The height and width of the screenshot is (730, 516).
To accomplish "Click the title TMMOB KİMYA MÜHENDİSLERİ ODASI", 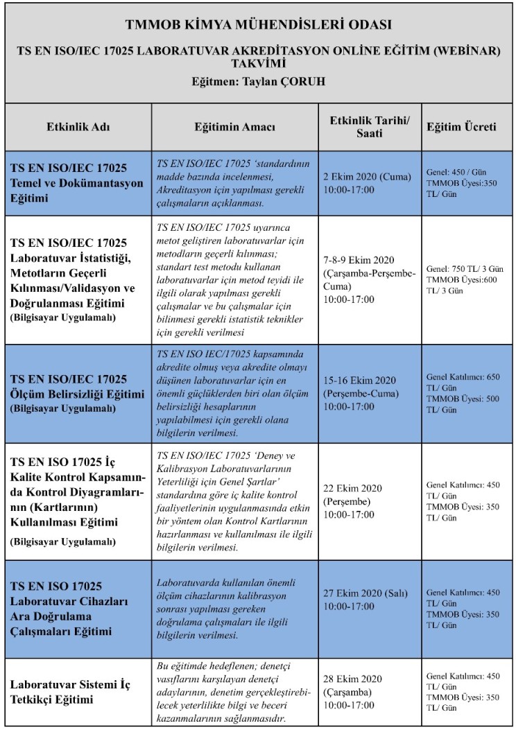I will pyautogui.click(x=258, y=25).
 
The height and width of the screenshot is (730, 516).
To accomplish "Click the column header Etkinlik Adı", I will pyautogui.click(x=78, y=128).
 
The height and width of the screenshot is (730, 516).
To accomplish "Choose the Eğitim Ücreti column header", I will pyautogui.click(x=461, y=128).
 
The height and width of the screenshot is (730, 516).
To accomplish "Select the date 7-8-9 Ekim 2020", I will pyautogui.click(x=357, y=261).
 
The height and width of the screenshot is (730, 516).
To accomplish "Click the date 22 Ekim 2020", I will pyautogui.click(x=352, y=488).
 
